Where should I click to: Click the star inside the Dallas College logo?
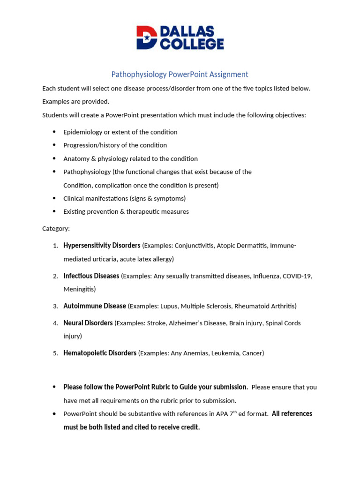(147, 38)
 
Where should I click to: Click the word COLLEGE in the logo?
(192, 44)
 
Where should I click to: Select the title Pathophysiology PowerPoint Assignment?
(180, 74)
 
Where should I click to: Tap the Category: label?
(56, 229)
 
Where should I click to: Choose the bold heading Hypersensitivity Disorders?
(102, 246)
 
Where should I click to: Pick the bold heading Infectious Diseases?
(91, 276)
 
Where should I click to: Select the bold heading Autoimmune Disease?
(95, 306)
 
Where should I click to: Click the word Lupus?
(169, 306)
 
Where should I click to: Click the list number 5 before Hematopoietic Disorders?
(55, 353)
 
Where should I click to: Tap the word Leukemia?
(224, 353)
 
